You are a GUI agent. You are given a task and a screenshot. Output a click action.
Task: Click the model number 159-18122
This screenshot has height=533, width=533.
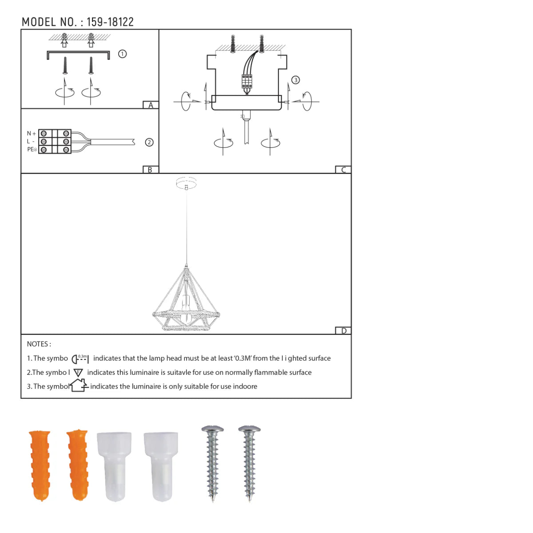click(x=110, y=22)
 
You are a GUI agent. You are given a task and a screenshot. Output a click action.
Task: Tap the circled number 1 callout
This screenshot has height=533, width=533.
click(x=122, y=54)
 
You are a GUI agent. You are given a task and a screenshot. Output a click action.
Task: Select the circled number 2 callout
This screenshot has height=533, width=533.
click(x=149, y=142)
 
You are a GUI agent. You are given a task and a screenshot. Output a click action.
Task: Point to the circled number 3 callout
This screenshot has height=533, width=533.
click(x=295, y=80)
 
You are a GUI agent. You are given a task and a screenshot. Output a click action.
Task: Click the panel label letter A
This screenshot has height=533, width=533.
click(x=151, y=105)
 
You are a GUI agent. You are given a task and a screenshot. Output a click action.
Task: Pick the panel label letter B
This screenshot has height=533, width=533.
click(x=150, y=170)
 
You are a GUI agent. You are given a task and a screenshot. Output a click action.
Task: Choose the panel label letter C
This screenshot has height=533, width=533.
click(x=343, y=170)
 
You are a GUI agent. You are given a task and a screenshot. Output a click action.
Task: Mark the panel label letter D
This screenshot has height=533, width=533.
click(x=343, y=330)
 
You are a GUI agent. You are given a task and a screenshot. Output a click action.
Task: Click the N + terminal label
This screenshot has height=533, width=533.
click(x=31, y=133)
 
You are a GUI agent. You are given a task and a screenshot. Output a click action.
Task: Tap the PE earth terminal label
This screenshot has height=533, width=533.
click(x=32, y=149)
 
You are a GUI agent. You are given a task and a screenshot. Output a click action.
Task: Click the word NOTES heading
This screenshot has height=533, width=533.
click(x=39, y=344)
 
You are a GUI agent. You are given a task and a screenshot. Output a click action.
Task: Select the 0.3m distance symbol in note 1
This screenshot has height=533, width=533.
click(x=80, y=358)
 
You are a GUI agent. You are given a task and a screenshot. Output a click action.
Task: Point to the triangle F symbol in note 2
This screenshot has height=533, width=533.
click(x=78, y=373)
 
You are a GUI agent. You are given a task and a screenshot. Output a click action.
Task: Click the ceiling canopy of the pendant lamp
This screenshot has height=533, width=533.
click(x=186, y=182)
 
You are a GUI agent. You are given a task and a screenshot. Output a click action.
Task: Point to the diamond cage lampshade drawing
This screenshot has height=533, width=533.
click(x=186, y=302)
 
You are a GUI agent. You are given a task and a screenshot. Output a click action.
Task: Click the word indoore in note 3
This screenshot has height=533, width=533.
click(x=245, y=386)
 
